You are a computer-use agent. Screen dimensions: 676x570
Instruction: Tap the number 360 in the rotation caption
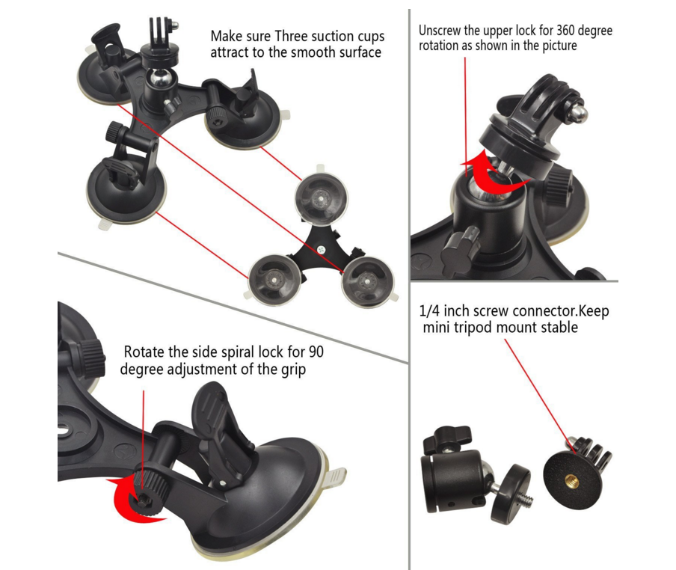click(x=565, y=31)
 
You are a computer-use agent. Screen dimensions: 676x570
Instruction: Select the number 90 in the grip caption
click(x=316, y=352)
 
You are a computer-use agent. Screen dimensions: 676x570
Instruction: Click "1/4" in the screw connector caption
click(x=429, y=310)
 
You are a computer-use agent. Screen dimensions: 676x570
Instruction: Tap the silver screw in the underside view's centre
click(x=321, y=249)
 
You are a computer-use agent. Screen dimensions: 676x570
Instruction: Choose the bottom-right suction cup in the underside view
click(x=367, y=283)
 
